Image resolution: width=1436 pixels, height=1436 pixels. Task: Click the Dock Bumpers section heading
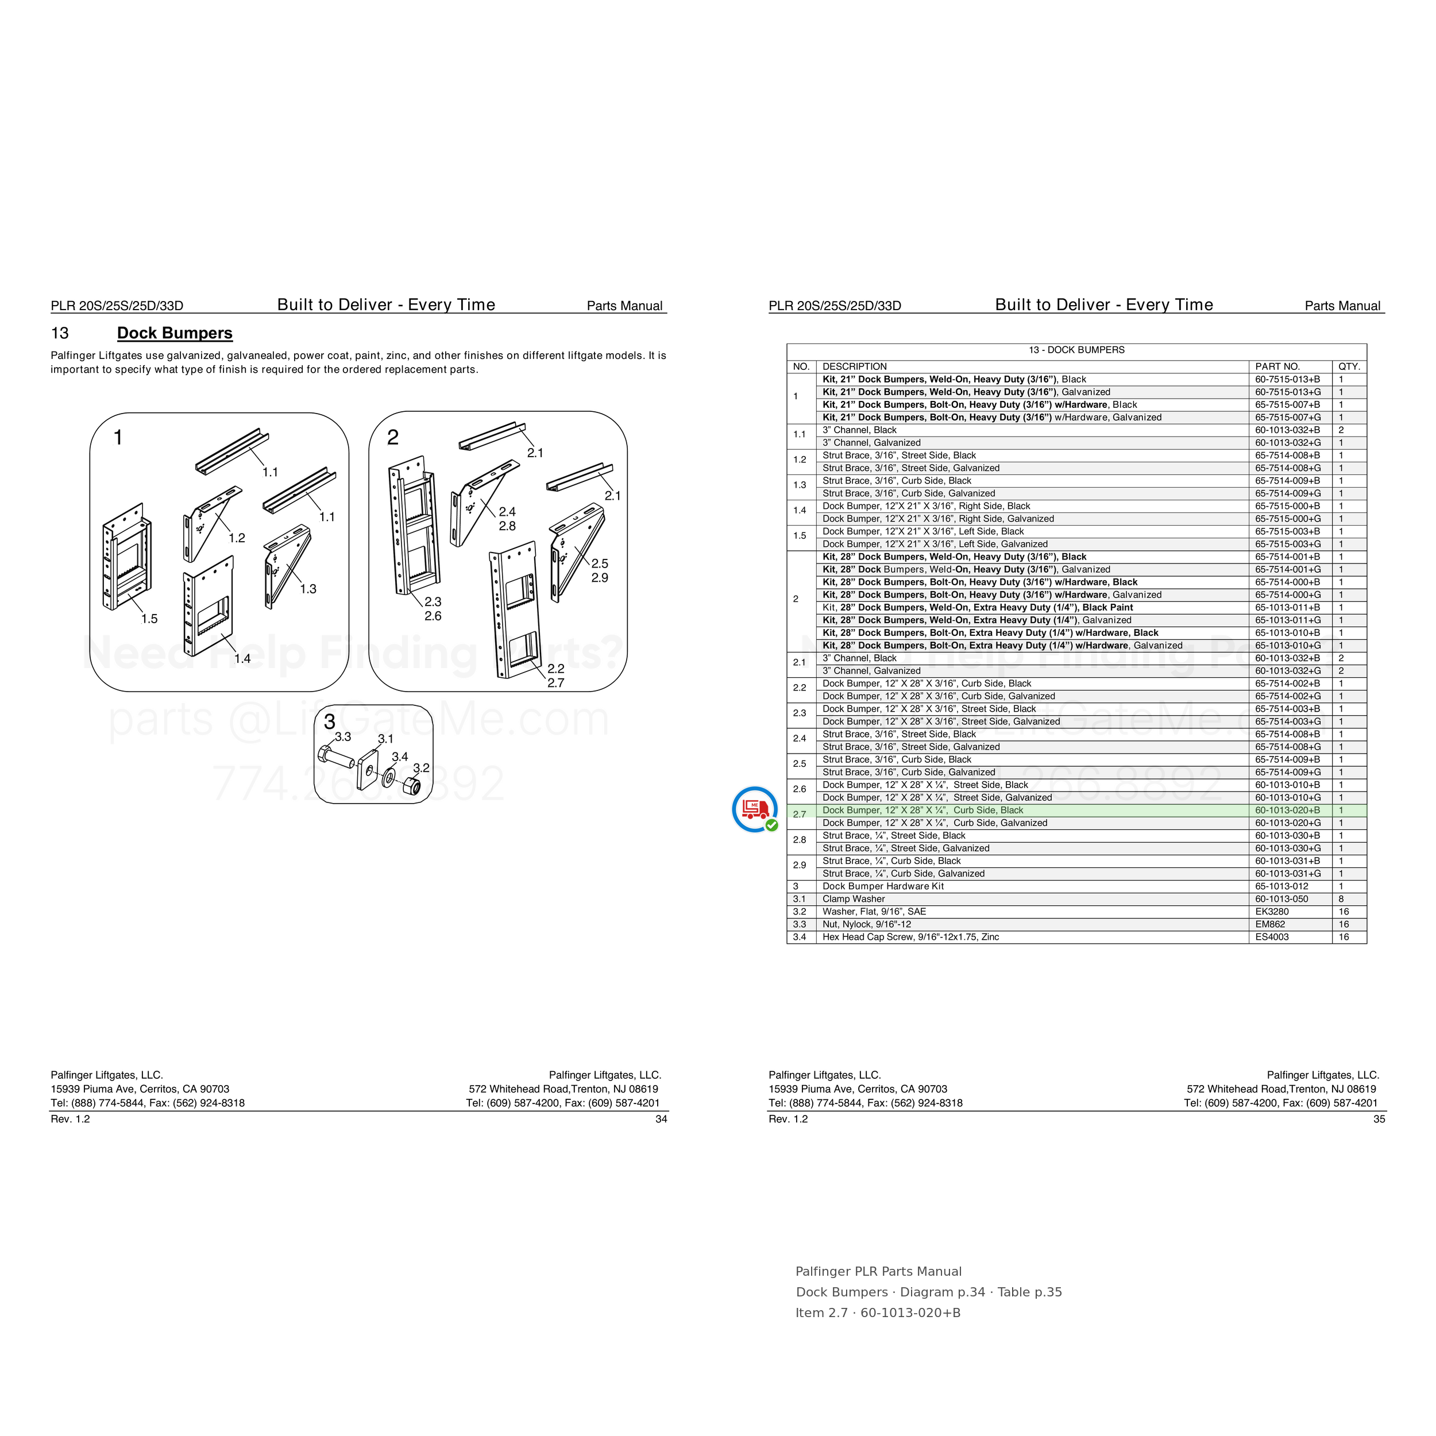[x=175, y=333]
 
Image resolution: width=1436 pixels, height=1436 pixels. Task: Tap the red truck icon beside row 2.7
[x=754, y=809]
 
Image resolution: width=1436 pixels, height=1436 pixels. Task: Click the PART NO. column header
[x=1277, y=366]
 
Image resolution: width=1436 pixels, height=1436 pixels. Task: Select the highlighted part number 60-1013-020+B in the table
[x=1287, y=810]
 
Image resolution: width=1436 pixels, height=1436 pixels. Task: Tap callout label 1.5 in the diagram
[x=149, y=619]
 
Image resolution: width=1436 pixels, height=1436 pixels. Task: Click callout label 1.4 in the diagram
[x=242, y=658]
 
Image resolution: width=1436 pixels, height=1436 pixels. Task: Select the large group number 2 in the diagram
[x=393, y=437]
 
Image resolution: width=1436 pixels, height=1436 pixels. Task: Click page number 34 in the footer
[x=661, y=1118]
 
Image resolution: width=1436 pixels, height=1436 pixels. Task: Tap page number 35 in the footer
[x=1379, y=1118]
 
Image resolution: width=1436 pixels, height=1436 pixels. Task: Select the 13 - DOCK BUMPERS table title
[x=1076, y=350]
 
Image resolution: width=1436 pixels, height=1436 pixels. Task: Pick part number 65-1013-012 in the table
[x=1282, y=886]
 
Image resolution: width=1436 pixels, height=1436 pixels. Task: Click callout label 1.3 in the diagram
[x=308, y=589]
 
